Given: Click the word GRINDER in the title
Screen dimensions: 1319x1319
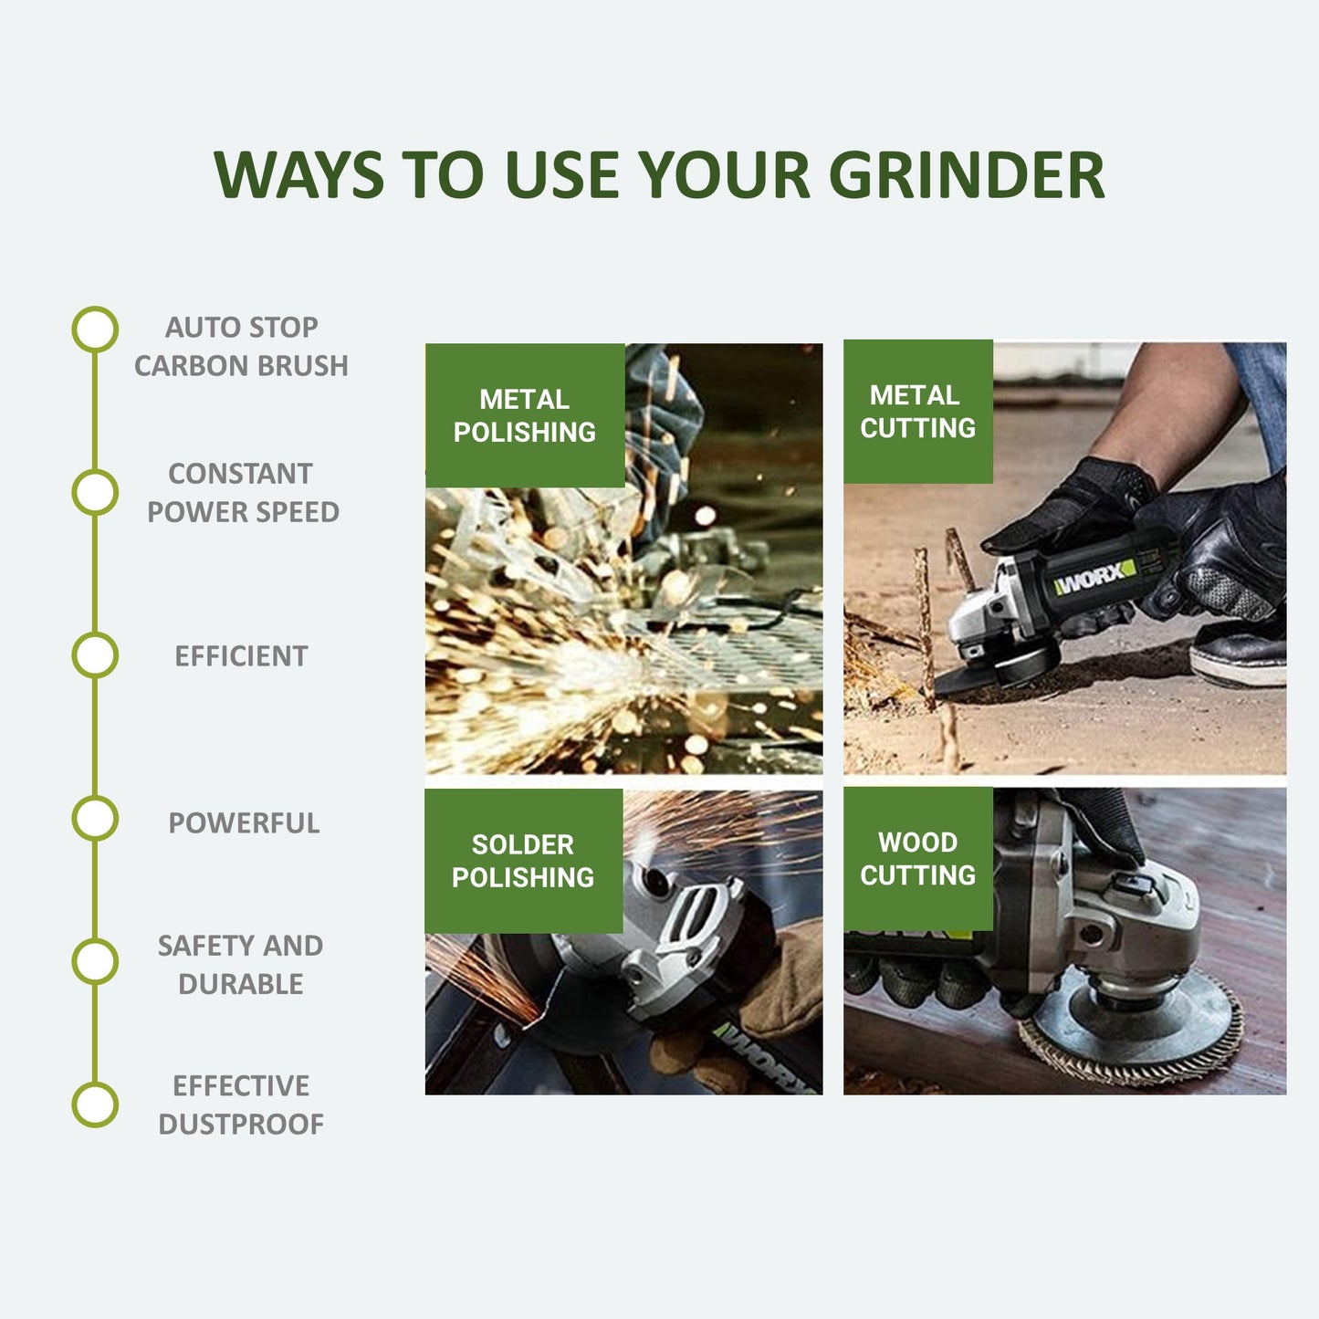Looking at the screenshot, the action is [967, 174].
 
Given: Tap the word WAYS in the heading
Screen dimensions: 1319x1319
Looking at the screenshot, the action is [298, 174].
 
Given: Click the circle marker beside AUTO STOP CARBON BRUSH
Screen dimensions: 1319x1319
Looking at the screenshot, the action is [95, 330].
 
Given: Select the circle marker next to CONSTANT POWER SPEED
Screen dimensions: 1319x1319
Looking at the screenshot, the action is [95, 492].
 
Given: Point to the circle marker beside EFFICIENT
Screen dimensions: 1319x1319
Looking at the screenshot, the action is [95, 655].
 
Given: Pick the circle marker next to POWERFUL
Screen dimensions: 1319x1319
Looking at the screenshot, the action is [95, 818].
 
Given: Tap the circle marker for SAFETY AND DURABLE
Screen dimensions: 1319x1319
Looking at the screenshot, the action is [95, 962].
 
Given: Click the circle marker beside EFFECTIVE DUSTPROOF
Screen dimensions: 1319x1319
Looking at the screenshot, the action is [95, 1104].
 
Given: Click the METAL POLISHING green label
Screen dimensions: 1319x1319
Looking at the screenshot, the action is [525, 415].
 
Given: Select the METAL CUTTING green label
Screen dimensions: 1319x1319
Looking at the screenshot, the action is [918, 412].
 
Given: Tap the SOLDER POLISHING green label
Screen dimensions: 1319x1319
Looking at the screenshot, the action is [524, 861].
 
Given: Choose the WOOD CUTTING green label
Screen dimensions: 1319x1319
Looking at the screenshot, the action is [918, 858].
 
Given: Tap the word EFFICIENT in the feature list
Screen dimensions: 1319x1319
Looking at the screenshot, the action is [241, 655].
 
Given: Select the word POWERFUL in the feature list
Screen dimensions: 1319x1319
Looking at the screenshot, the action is [244, 822].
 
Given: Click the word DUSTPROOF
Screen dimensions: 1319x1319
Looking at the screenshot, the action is [241, 1124].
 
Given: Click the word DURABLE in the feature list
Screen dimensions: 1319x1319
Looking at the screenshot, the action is [241, 984].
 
